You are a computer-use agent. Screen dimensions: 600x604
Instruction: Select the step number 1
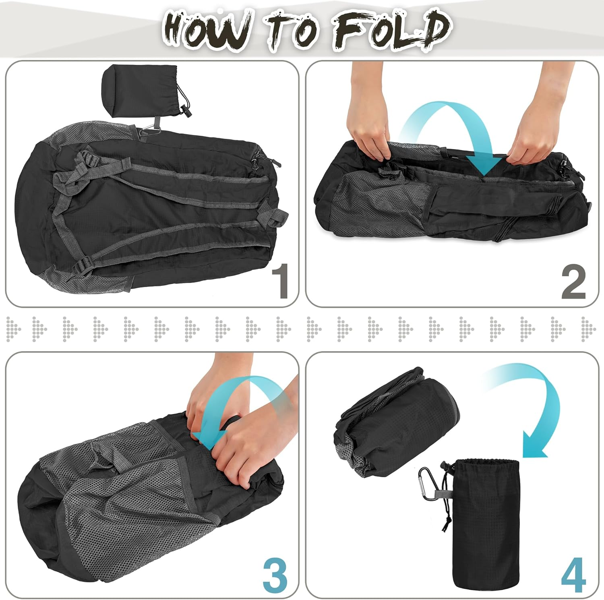(x=280, y=281)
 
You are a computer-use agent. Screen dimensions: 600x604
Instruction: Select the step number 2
(x=573, y=282)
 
